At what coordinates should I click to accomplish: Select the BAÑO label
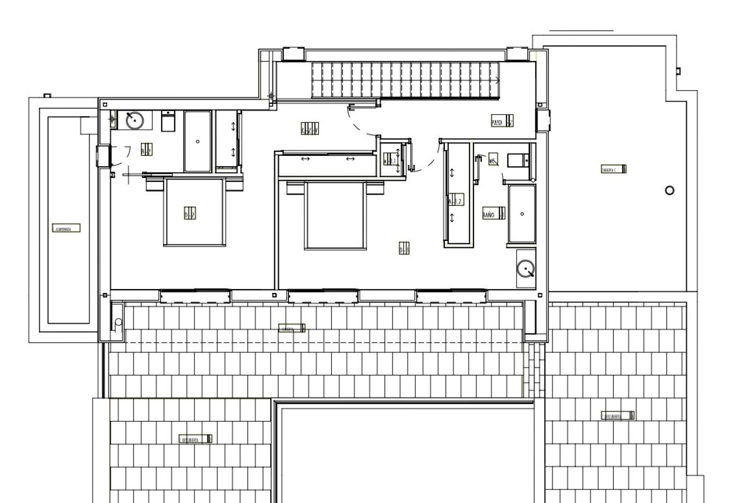point(494,215)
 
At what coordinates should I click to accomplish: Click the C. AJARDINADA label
point(66,228)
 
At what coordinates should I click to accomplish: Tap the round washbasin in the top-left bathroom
point(134,120)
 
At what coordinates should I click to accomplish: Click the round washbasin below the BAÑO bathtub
point(525,269)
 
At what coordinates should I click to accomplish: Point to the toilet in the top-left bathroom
point(168,122)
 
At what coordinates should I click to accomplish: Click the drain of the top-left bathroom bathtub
point(198,141)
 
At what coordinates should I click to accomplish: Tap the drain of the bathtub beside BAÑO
point(522,214)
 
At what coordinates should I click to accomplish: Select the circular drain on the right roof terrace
point(670,191)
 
